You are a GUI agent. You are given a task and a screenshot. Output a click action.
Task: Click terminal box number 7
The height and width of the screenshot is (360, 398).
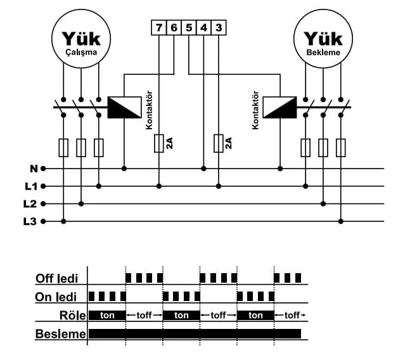158,28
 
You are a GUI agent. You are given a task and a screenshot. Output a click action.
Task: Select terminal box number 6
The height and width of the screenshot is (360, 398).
174,28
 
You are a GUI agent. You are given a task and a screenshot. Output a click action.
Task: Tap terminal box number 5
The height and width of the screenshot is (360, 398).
188,28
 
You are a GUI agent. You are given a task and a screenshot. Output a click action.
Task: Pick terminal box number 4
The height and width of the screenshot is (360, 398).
203,28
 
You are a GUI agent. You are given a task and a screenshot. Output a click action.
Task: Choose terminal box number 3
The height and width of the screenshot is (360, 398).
218,28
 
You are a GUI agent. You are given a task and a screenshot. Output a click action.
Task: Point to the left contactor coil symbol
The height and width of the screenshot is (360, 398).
124,107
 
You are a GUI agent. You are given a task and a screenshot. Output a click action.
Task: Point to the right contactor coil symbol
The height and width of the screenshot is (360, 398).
279,107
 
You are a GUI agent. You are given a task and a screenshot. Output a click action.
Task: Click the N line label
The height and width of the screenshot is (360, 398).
33,169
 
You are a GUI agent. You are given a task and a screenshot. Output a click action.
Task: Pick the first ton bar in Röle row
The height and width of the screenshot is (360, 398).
107,315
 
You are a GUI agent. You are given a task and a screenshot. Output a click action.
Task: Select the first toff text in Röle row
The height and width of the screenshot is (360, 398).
144,315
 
